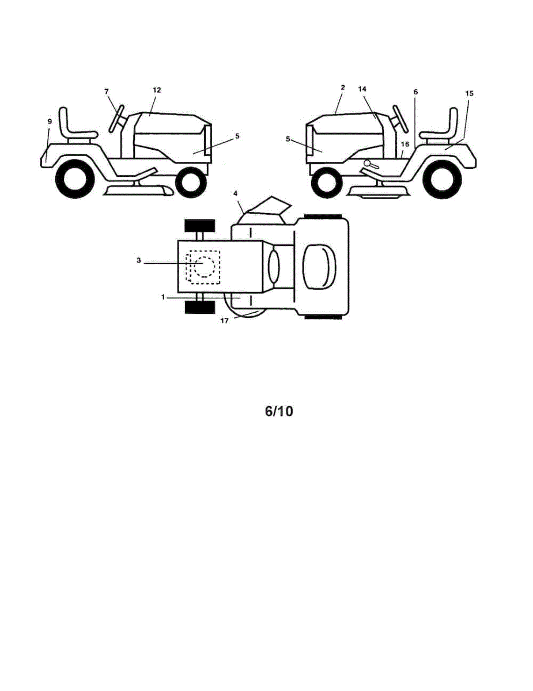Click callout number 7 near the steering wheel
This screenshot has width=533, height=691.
pyautogui.click(x=106, y=92)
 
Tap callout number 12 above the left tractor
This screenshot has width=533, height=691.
pyautogui.click(x=157, y=90)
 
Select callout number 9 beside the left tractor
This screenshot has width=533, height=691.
pyautogui.click(x=50, y=121)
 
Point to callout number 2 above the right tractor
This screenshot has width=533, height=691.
pyautogui.click(x=343, y=87)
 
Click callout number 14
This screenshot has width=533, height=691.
pyautogui.click(x=362, y=89)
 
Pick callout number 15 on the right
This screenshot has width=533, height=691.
pyautogui.click(x=470, y=93)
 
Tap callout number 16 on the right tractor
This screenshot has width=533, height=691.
pyautogui.click(x=405, y=145)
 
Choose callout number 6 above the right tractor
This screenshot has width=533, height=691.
pyautogui.click(x=415, y=92)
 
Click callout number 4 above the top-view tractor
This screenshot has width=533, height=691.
pyautogui.click(x=236, y=193)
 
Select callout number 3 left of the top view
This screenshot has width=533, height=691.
pyautogui.click(x=139, y=260)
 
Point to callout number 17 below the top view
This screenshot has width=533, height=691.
pyautogui.click(x=225, y=321)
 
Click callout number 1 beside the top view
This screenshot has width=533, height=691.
pyautogui.click(x=163, y=297)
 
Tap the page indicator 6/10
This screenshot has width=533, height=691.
pyautogui.click(x=279, y=411)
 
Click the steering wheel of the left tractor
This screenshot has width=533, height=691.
pyautogui.click(x=116, y=118)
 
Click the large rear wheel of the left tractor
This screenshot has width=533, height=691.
pyautogui.click(x=75, y=179)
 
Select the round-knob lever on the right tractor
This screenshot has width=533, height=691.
pyautogui.click(x=371, y=164)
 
